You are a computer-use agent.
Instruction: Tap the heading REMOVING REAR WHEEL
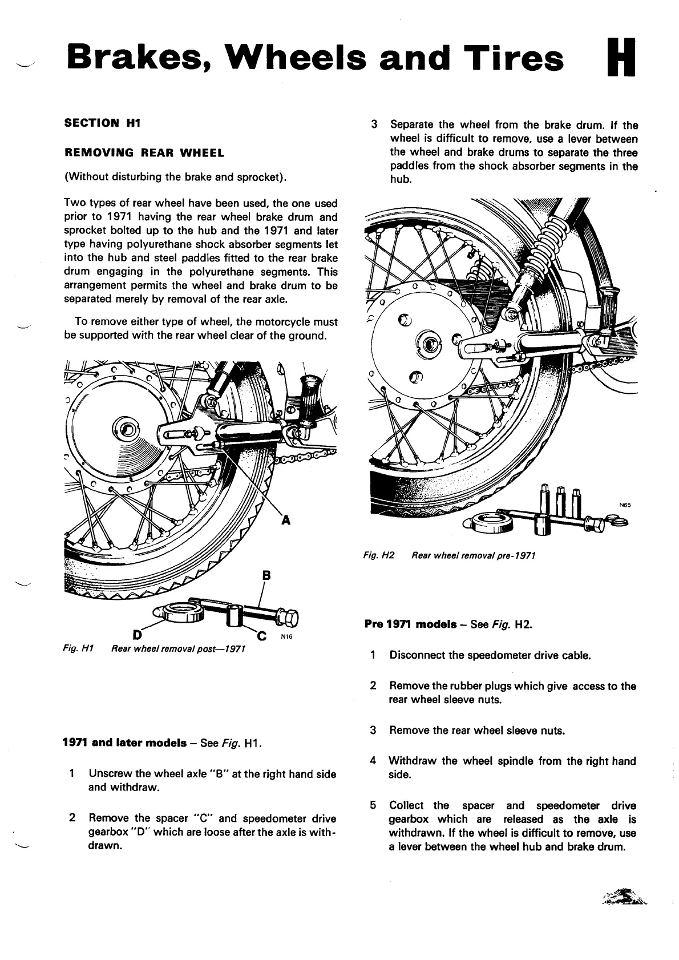[x=144, y=153]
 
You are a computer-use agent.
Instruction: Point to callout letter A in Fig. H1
[x=286, y=520]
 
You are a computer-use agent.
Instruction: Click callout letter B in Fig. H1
[x=265, y=575]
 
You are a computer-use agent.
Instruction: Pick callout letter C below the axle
[x=262, y=635]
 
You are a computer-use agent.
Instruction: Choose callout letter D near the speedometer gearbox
[x=136, y=634]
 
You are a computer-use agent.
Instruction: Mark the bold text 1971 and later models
[x=124, y=743]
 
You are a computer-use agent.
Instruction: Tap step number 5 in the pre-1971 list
[x=373, y=805]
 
